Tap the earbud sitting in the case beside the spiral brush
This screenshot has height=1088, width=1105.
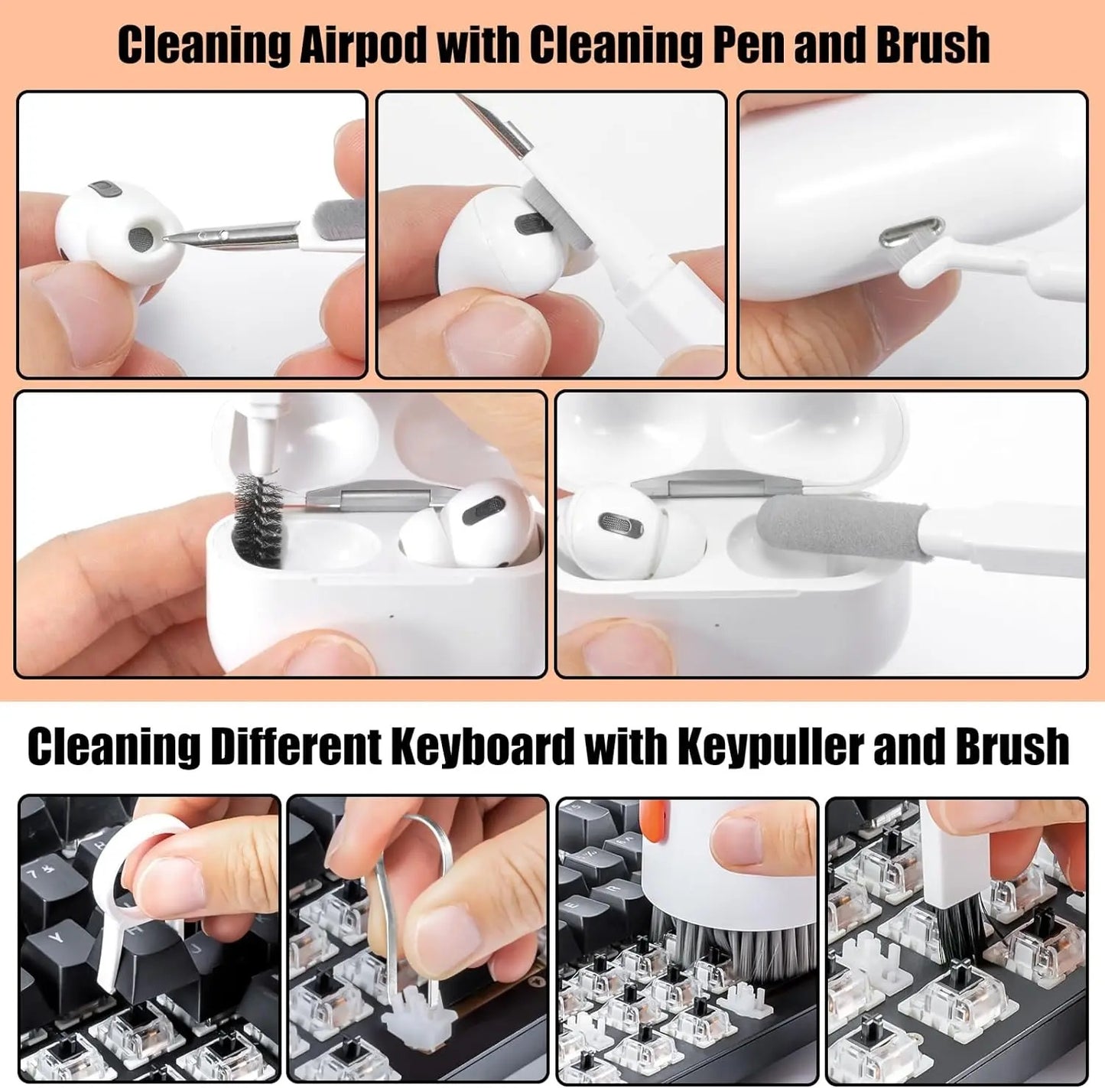pos(466,528)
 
